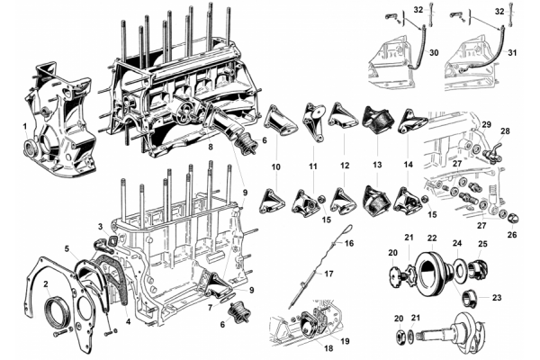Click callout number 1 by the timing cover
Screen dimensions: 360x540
pyautogui.click(x=24, y=127)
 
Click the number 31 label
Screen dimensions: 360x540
pyautogui.click(x=513, y=53)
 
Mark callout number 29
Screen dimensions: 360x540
pyautogui.click(x=485, y=122)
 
